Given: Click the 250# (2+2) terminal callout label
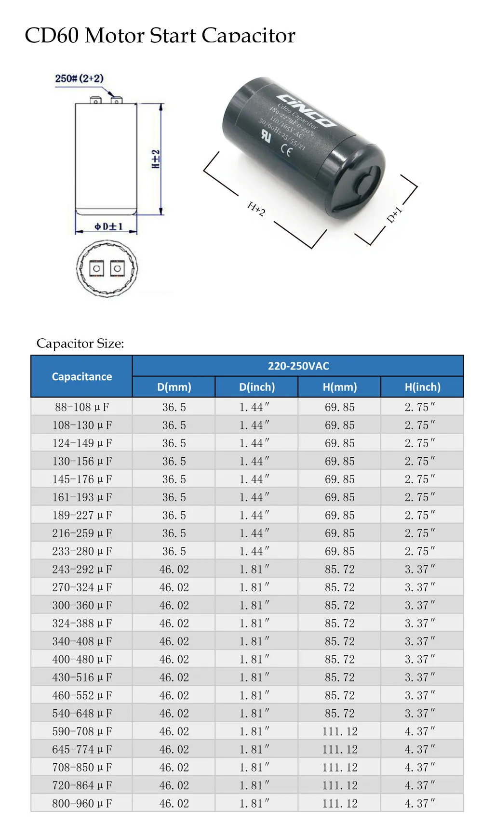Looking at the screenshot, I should point(79,79).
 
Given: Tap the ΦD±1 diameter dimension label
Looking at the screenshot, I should point(108,226).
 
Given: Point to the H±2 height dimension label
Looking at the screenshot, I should point(155,159).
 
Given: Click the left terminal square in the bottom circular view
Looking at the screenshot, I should point(97,268).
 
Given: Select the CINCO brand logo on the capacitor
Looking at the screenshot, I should point(307,109).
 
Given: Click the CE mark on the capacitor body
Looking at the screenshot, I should point(286,151).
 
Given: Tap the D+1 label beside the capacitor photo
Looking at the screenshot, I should point(394,214).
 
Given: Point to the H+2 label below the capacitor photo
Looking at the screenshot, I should point(256,209).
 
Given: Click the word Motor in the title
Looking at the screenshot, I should point(114,36).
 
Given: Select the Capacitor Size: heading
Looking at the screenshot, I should point(80,344).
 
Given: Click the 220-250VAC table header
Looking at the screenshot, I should point(298,366).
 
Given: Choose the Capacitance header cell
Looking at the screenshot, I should point(81,377).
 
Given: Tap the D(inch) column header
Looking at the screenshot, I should point(256,387).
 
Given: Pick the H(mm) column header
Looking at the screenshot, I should point(339,387).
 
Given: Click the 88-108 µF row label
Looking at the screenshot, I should point(81,407).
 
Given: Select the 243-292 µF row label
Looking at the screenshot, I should point(81,570).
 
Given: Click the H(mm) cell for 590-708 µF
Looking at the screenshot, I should point(339,731).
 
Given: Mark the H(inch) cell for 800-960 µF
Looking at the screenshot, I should point(420,804).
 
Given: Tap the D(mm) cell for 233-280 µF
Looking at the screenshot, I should point(174,551).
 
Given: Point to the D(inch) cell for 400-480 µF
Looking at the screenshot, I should point(254,659).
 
